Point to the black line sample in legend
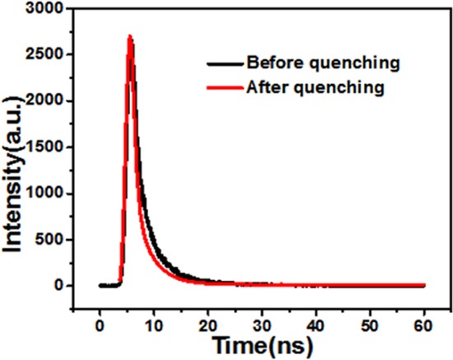click(x=222, y=62)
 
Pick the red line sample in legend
click(x=222, y=87)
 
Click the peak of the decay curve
click(x=130, y=37)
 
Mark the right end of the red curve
click(x=424, y=286)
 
